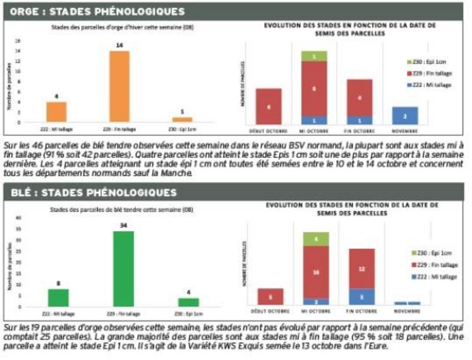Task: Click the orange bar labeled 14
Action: (x=119, y=86)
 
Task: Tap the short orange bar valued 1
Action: (x=182, y=119)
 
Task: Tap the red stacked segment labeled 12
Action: (x=361, y=268)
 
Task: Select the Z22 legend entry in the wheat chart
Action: (x=431, y=277)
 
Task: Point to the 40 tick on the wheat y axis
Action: (x=18, y=219)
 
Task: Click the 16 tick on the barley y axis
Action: (x=18, y=42)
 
